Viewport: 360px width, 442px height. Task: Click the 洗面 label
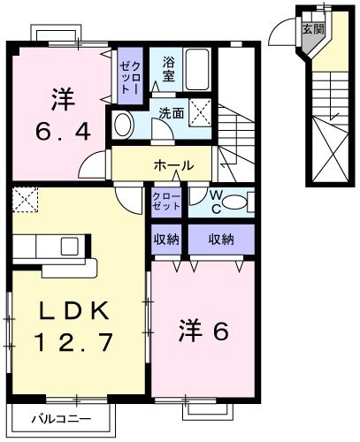pos(171,113)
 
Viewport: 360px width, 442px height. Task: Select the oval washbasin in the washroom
pos(124,125)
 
